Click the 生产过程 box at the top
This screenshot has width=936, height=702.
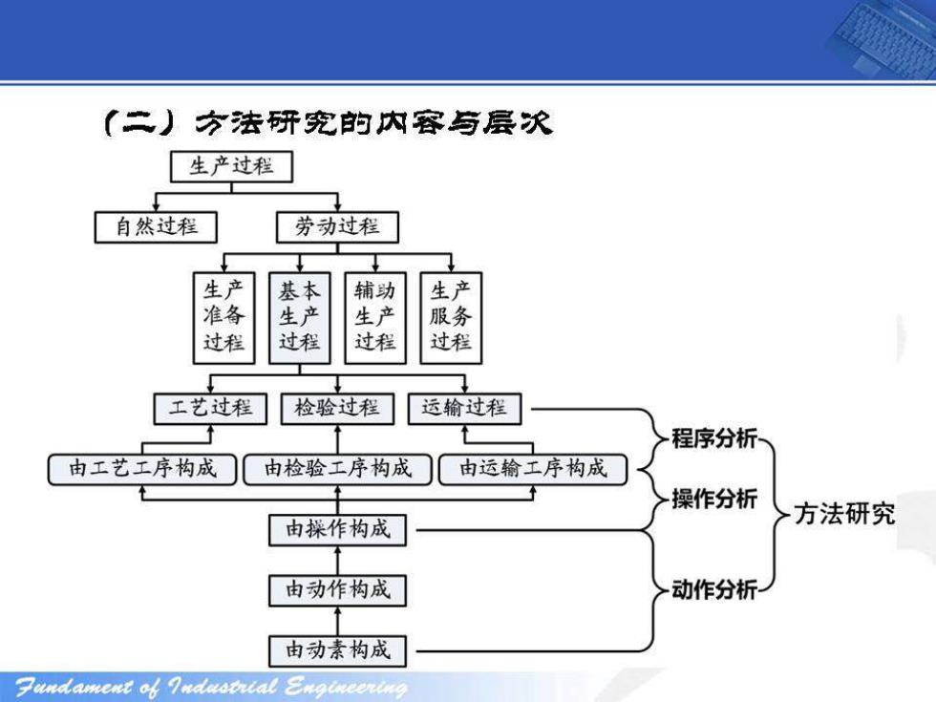click(231, 166)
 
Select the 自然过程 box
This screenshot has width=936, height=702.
click(156, 227)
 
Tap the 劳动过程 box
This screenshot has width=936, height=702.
click(337, 227)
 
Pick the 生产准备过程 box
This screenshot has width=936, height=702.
click(223, 318)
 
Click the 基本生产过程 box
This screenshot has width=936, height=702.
click(300, 318)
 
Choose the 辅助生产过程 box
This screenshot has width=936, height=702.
click(375, 318)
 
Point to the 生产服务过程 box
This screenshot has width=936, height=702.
click(451, 318)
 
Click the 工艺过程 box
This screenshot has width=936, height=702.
click(210, 409)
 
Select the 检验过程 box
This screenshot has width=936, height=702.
click(337, 409)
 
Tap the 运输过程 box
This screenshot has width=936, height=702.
click(464, 409)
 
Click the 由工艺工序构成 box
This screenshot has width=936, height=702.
click(142, 469)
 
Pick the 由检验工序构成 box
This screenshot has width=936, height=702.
click(337, 469)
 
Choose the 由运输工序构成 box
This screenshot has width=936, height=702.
click(533, 469)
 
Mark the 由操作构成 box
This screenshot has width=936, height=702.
click(337, 530)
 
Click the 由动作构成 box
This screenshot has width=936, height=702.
click(337, 590)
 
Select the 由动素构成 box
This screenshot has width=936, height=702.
click(337, 650)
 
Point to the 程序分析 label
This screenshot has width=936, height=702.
click(714, 438)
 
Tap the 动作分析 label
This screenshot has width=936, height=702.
click(714, 590)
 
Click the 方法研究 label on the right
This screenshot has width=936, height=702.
click(844, 514)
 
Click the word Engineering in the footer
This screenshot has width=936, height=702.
click(346, 687)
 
